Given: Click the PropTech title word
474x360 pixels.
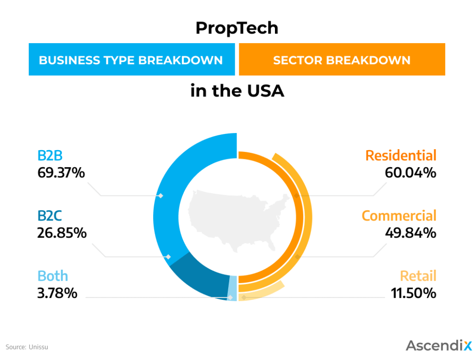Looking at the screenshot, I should click(237, 29).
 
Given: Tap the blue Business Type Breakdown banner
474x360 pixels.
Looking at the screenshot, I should click(131, 60).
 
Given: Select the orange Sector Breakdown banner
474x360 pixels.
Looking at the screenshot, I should click(342, 60).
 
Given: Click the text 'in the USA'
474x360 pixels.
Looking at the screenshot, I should click(237, 91).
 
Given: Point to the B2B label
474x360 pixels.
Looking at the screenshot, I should click(50, 156).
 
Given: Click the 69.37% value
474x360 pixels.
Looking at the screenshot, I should click(61, 173).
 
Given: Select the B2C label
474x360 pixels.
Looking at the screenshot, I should click(50, 216).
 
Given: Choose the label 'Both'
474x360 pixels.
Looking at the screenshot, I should click(53, 276).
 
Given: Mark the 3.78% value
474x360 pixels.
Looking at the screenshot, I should click(57, 293).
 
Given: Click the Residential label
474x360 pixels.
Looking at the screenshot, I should click(401, 156).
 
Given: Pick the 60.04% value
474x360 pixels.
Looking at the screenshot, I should click(411, 173).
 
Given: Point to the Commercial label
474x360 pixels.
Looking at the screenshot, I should click(399, 216).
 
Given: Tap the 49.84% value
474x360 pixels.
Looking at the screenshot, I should click(411, 233).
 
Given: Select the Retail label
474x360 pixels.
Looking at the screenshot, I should click(418, 276).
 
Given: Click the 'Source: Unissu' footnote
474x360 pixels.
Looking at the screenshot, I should click(27, 347).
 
